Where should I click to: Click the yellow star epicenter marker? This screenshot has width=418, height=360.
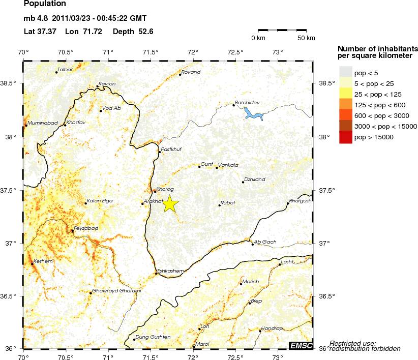pos(170,203)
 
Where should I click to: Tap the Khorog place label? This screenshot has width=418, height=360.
pos(166,189)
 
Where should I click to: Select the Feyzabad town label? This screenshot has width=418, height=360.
pos(86,229)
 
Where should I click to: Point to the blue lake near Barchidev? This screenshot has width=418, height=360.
pos(253,114)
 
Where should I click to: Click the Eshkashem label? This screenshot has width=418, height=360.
pos(170,271)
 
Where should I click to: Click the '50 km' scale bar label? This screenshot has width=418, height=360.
pos(306,38)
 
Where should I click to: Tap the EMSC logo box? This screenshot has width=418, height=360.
pos(300,345)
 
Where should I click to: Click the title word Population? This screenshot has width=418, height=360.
pos(45,5)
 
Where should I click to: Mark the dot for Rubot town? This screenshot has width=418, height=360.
pos(219,205)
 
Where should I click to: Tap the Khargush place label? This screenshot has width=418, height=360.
pos(300,200)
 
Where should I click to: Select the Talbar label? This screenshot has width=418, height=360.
pos(66,69)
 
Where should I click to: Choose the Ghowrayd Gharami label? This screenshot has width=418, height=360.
pos(116,291)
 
